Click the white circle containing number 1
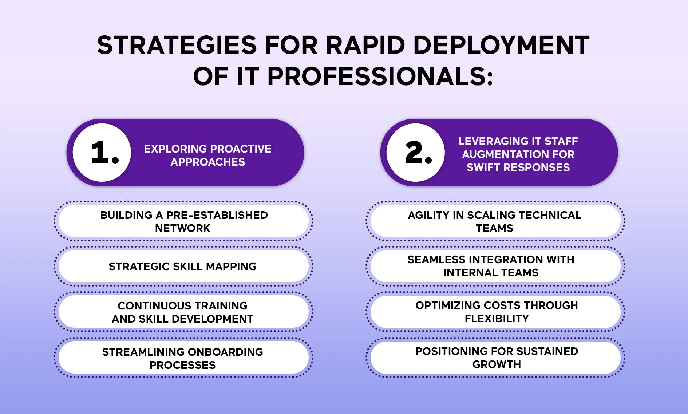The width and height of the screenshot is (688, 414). point(102,153)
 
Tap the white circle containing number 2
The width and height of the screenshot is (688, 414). point(416,153)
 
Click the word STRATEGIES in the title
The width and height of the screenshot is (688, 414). point(177,45)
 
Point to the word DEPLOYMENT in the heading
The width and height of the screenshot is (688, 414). point(501,45)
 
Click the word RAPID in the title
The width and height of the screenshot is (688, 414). point(365,45)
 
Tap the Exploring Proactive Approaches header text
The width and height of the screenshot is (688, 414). point(208,155)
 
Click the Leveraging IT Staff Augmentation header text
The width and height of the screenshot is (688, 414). point(518,154)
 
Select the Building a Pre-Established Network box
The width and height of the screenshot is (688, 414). point(183,221)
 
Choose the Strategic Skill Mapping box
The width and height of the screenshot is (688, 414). point(183,266)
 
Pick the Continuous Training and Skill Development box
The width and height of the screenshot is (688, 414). point(183,312)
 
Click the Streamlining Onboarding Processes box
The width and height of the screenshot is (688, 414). point(183,358)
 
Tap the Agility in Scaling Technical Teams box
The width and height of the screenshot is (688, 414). point(495,221)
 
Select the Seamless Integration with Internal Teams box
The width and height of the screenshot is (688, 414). point(495,266)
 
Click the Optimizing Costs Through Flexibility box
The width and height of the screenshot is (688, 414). point(495,312)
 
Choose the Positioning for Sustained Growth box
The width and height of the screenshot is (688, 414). point(495,358)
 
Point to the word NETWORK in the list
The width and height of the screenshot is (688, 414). point(183,228)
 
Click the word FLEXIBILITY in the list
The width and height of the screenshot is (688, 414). point(497,319)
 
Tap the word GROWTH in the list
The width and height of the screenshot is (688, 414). point(497,364)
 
